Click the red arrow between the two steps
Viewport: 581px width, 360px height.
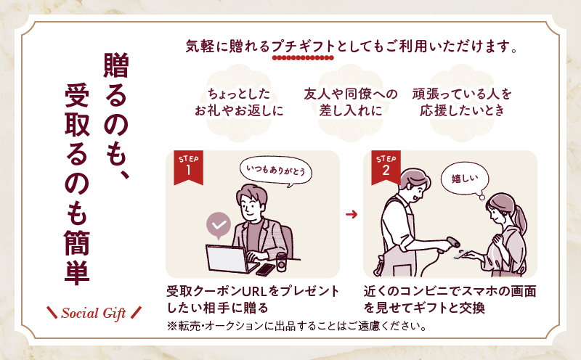[x=352, y=215]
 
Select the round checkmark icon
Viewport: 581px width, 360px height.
[x=219, y=225]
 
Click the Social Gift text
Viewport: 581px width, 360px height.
[x=94, y=314]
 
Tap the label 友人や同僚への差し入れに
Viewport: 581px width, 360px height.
[x=351, y=102]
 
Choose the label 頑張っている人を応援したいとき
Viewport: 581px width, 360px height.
[x=462, y=102]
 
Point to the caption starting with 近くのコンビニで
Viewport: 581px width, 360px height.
[x=450, y=299]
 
